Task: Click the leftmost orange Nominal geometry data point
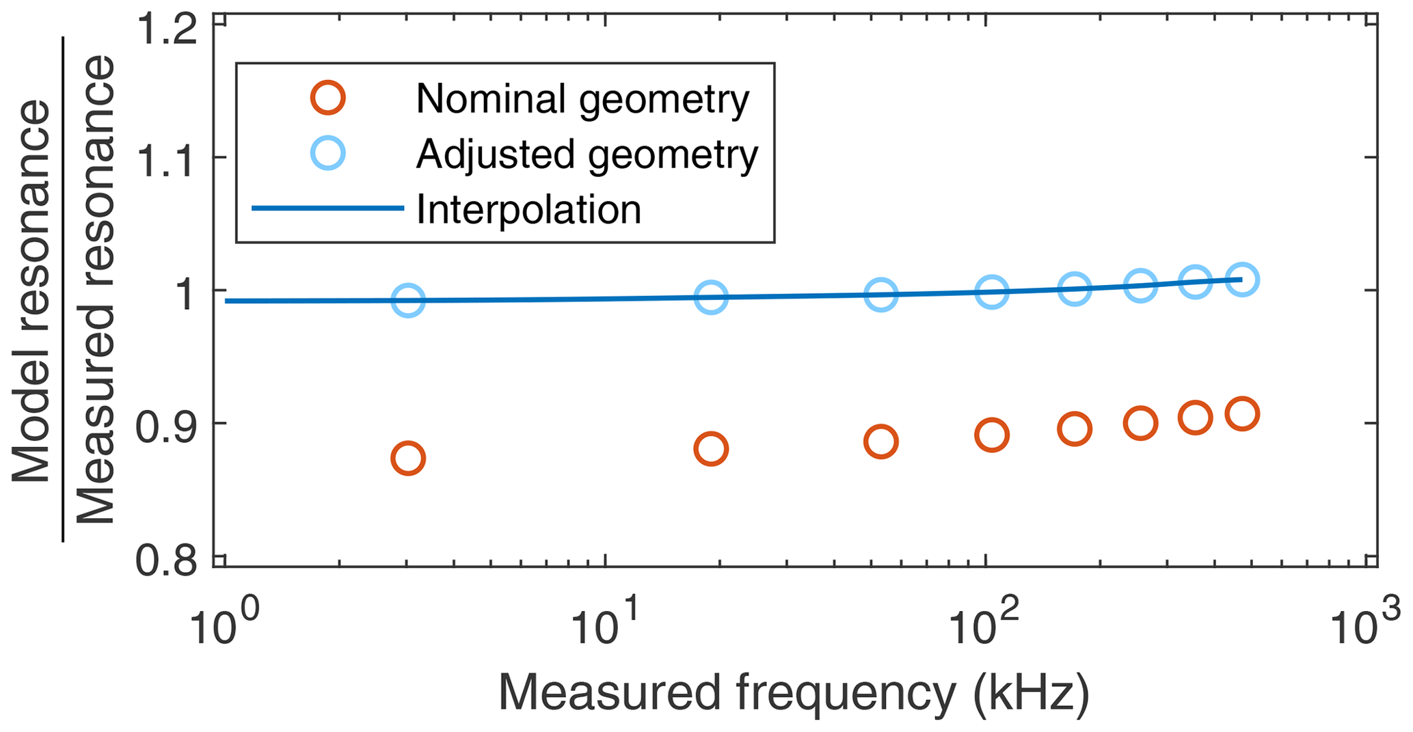pyautogui.click(x=408, y=458)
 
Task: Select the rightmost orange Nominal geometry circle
pyautogui.click(x=1242, y=414)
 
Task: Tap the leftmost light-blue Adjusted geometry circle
pyautogui.click(x=408, y=300)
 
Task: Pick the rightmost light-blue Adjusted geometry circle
pyautogui.click(x=1242, y=280)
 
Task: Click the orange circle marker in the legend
pyautogui.click(x=328, y=98)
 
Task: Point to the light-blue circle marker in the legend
pyautogui.click(x=328, y=153)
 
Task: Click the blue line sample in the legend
pyautogui.click(x=328, y=208)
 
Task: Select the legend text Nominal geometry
pyautogui.click(x=582, y=99)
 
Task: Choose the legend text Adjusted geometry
pyautogui.click(x=587, y=154)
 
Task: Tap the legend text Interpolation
pyautogui.click(x=528, y=209)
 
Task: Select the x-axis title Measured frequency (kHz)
pyautogui.click(x=793, y=693)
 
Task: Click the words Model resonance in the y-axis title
pyautogui.click(x=31, y=293)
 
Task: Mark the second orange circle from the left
pyautogui.click(x=711, y=449)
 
